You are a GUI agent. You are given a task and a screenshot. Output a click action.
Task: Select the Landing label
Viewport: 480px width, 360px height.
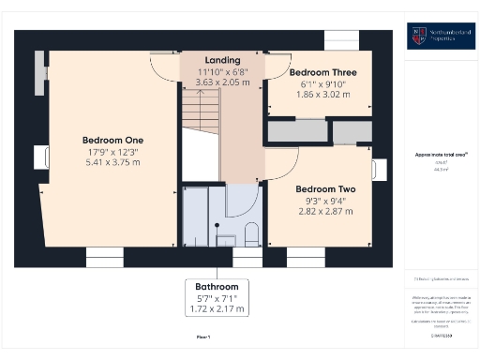[x=222, y=60]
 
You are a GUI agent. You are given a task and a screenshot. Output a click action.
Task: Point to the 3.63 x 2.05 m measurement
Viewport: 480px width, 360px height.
[x=222, y=82]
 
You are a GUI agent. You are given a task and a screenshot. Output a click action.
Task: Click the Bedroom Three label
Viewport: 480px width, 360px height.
[x=322, y=71]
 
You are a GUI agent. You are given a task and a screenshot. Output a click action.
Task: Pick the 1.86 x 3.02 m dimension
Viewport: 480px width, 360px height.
[x=322, y=94]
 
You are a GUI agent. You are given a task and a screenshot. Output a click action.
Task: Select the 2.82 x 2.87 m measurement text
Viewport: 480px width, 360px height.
[x=322, y=211]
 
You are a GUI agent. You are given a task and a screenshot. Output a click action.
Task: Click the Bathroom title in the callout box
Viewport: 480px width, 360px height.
[x=217, y=286]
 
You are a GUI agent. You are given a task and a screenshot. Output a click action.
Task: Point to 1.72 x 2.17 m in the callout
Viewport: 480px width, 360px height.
[x=217, y=308]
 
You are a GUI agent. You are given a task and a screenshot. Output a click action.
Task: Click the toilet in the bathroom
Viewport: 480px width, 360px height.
[x=250, y=234]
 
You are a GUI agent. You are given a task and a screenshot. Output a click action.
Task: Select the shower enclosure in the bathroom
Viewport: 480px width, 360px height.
[x=197, y=216]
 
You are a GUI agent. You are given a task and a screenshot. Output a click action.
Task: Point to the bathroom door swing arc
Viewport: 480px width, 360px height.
[x=242, y=199]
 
